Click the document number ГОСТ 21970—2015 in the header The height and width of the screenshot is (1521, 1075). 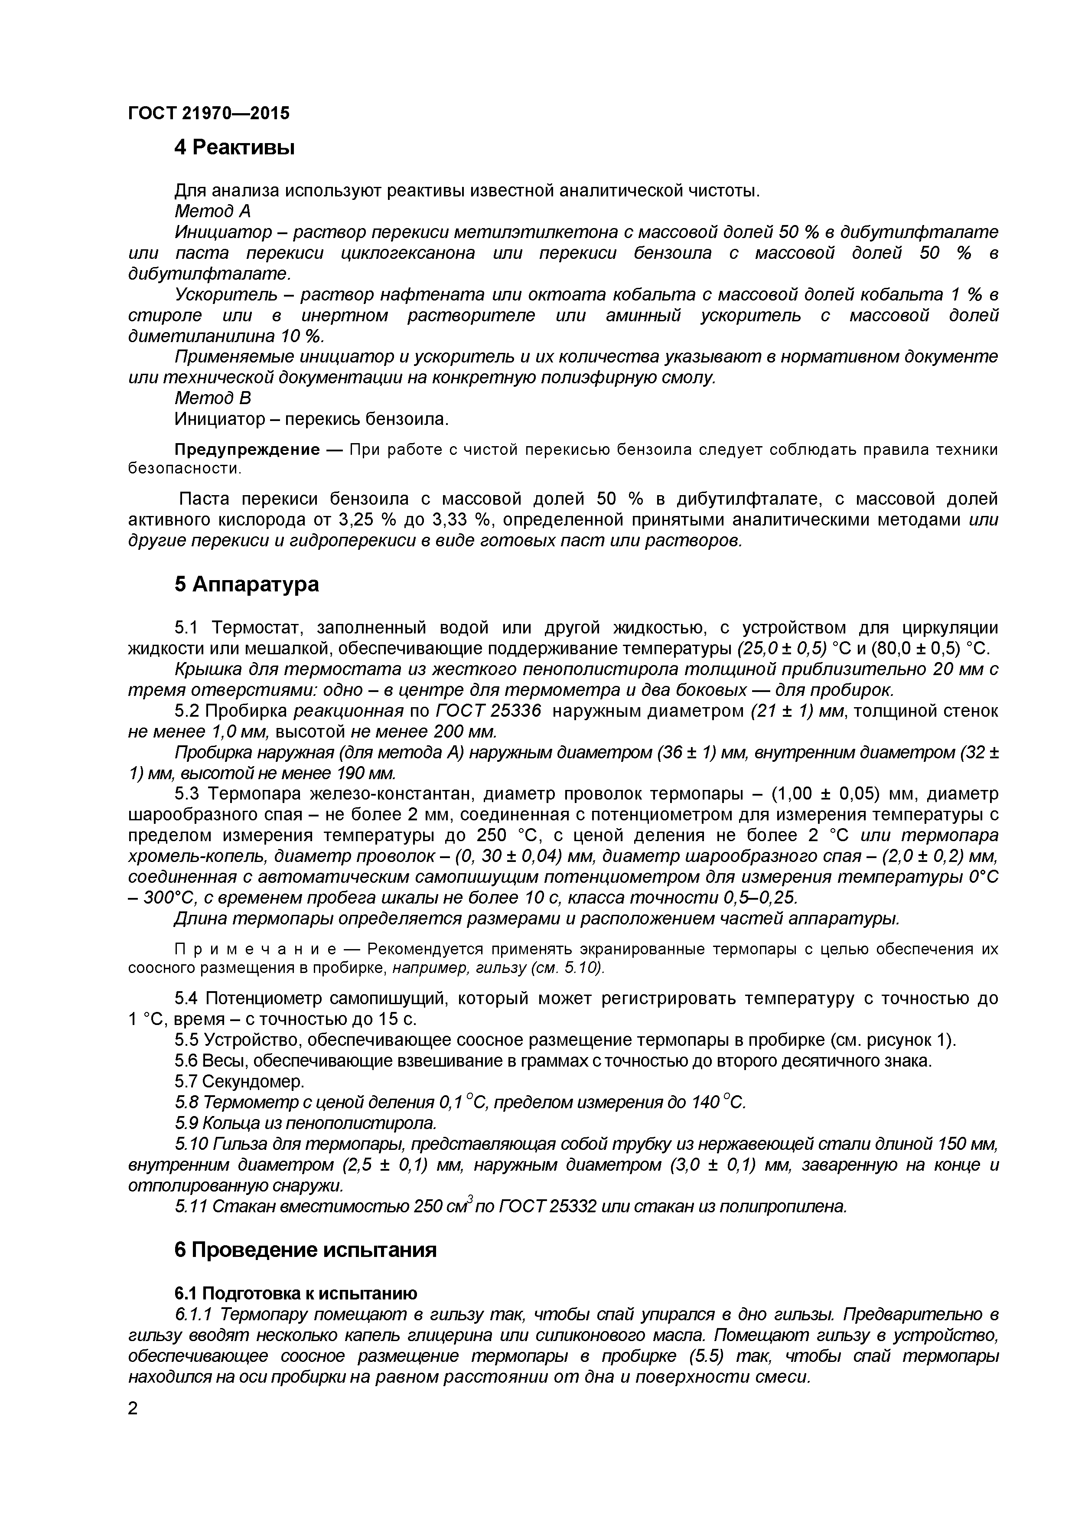[208, 113]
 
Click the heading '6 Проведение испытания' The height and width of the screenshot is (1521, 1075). [305, 1250]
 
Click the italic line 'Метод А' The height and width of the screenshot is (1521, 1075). [212, 211]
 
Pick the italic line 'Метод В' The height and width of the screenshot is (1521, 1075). [212, 398]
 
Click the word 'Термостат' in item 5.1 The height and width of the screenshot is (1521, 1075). [256, 627]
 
